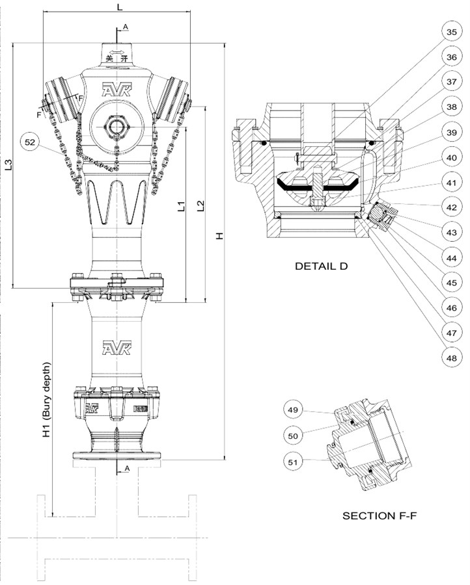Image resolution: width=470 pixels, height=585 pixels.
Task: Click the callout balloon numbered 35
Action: (451, 32)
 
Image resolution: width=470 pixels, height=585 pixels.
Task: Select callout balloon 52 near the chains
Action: (31, 141)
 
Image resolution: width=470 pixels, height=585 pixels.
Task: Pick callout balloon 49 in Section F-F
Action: (294, 410)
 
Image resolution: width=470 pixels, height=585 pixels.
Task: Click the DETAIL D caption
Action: (322, 266)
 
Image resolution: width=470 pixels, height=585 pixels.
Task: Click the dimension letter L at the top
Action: (118, 6)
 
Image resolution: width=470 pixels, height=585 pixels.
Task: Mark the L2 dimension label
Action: (200, 206)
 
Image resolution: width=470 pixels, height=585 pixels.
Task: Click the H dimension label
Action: (220, 235)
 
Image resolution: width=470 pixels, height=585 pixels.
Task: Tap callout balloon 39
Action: (451, 132)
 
